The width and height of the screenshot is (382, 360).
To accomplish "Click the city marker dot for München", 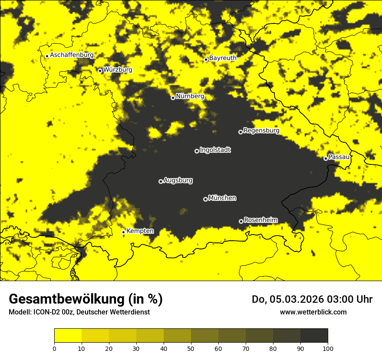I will [205, 199].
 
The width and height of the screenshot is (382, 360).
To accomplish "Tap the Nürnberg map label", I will [190, 96].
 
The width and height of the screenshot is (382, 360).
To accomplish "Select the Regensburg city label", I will [261, 131].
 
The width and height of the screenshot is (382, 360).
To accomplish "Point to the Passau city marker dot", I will [326, 158].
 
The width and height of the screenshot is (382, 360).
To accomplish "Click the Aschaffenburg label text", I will [72, 55].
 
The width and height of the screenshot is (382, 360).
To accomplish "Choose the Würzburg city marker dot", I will [100, 71].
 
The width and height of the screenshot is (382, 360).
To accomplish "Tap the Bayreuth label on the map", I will [223, 58].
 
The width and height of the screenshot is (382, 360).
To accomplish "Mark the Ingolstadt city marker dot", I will [197, 151].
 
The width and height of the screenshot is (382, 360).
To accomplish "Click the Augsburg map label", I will [178, 180].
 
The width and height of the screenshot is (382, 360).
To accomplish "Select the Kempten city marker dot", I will [123, 232].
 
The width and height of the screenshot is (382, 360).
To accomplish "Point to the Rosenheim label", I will [261, 220].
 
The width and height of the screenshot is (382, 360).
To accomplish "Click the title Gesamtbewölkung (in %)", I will [86, 299].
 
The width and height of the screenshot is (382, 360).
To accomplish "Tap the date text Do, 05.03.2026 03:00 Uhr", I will [312, 299].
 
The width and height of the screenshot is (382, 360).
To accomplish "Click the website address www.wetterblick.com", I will [313, 312].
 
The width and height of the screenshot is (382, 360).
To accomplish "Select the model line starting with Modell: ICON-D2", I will [79, 312].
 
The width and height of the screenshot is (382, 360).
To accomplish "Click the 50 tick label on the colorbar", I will [191, 348].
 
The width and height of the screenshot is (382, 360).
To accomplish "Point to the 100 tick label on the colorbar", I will [328, 348].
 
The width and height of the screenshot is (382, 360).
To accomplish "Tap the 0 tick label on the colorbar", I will [54, 348].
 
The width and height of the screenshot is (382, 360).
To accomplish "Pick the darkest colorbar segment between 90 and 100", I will [314, 335].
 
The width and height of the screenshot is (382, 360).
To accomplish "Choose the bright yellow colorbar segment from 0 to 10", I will [68, 335].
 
